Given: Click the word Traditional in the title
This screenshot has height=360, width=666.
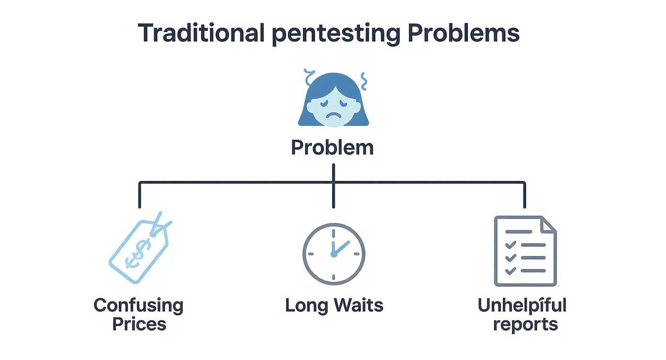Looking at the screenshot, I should [x=201, y=33].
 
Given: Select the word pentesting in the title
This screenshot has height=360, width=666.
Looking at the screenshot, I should [x=335, y=34].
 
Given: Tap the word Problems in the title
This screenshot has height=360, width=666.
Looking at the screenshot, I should [x=464, y=33].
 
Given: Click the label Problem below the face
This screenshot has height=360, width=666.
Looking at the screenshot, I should [x=332, y=147].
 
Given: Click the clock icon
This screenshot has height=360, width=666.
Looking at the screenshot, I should [x=333, y=254].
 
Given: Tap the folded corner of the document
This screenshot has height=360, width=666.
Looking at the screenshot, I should [x=548, y=224].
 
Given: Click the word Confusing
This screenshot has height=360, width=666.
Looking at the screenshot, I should [x=138, y=305].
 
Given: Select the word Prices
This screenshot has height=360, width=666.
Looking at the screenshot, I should [x=139, y=324].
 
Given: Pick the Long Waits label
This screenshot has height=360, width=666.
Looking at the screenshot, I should [x=334, y=305].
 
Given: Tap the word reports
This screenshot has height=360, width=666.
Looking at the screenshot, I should [x=525, y=324].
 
